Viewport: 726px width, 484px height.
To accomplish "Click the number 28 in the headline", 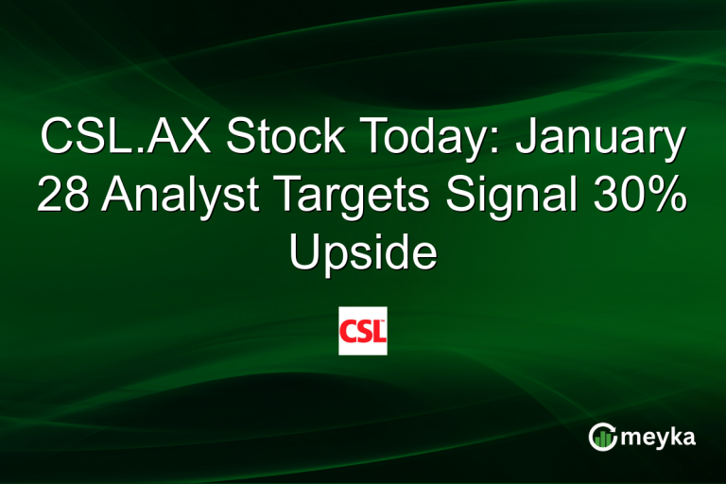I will click(x=63, y=197).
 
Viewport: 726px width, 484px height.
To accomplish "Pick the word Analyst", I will click(x=180, y=197).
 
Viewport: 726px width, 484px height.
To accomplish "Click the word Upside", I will click(x=363, y=254).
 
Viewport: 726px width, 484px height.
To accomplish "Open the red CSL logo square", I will click(x=363, y=331).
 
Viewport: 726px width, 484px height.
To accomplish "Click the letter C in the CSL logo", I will click(x=350, y=331).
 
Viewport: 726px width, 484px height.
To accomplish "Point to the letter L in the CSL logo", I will click(x=376, y=331).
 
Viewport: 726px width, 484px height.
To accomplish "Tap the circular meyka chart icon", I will click(x=602, y=436).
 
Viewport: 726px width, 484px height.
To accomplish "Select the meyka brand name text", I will click(x=660, y=438).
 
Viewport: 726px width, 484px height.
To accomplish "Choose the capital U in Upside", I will click(x=302, y=254).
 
